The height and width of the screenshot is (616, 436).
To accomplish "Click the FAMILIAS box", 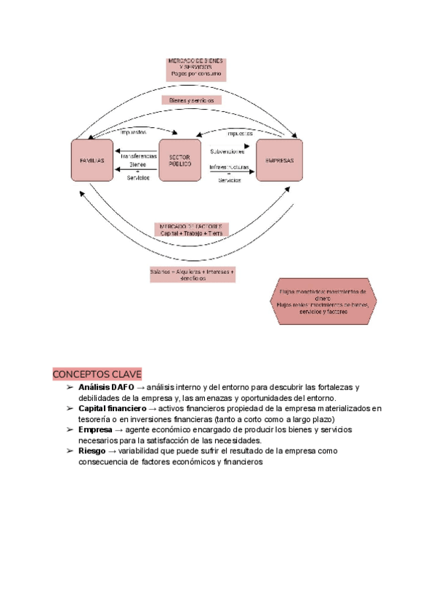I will coord(92,159).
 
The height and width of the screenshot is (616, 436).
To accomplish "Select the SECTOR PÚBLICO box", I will coord(179,160).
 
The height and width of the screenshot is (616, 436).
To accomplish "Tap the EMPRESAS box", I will coord(279,160).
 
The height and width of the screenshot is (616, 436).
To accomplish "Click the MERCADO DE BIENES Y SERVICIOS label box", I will coord(196,68).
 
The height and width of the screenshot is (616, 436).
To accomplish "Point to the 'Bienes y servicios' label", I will coord(191,100).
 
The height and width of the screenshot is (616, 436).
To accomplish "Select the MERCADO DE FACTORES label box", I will coord(192,230).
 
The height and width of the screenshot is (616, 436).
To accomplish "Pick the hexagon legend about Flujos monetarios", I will coord(323,300).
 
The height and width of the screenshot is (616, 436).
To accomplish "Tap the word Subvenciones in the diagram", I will coord(227,152).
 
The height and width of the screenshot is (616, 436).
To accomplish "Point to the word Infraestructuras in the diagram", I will coord(230,167).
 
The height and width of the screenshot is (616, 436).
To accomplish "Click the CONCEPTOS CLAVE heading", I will coord(97,374).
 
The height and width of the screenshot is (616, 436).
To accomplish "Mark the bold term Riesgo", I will coord(92,451).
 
